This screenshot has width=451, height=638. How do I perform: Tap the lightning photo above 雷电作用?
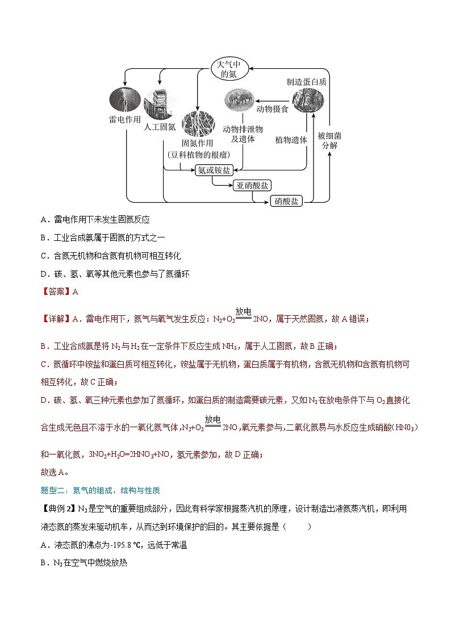[121, 99]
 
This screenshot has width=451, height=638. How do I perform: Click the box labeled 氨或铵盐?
[214, 170]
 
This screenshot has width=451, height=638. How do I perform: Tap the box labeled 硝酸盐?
[286, 201]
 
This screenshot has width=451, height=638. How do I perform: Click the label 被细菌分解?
[329, 140]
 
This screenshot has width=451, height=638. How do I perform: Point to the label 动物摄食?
[272, 108]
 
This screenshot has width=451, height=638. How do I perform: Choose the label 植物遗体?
[291, 139]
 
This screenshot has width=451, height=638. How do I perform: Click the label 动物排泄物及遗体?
[243, 134]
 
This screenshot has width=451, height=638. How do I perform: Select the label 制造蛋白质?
[307, 81]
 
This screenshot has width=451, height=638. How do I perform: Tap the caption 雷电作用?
[124, 120]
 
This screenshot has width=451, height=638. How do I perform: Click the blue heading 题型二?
[53, 490]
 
